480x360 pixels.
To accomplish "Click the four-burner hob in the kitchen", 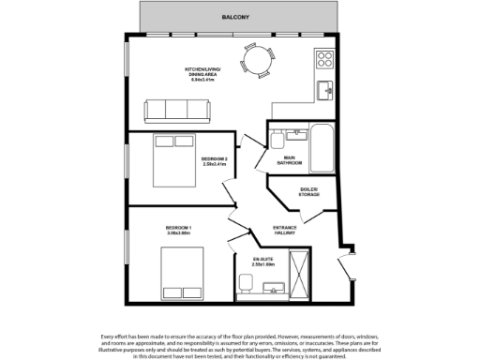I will coord(325,61).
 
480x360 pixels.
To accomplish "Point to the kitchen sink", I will coord(324,90).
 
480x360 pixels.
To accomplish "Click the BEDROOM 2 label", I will coord(215,160).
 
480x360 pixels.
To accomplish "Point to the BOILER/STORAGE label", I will coord(308,192).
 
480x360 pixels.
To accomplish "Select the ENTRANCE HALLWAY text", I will coord(286,230).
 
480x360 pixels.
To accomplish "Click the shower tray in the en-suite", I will coord(301,275).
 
